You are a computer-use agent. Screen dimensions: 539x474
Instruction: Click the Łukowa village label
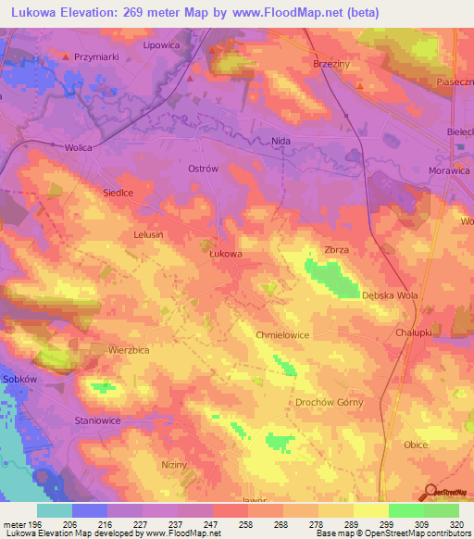pos(226,252)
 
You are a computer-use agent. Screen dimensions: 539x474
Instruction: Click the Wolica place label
pos(55,146)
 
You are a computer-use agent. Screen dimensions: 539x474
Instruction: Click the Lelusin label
pos(148,234)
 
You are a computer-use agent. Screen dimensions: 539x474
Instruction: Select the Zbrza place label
pos(337,250)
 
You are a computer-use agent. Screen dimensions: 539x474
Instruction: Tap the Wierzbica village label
pos(130,350)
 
